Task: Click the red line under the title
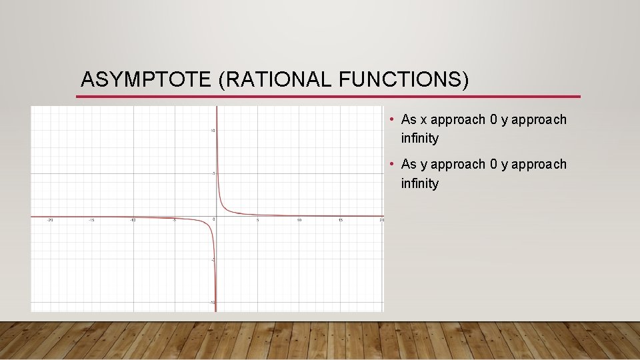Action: pyautogui.click(x=327, y=97)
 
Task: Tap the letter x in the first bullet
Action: pyautogui.click(x=423, y=120)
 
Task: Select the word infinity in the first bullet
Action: pyautogui.click(x=420, y=139)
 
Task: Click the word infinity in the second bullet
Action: pyautogui.click(x=420, y=183)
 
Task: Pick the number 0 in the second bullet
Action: pyautogui.click(x=493, y=164)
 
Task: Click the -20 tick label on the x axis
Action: pyautogui.click(x=51, y=220)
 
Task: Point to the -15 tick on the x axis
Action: pyautogui.click(x=92, y=220)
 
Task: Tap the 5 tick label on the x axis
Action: pyautogui.click(x=258, y=220)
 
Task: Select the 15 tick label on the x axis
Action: pyautogui.click(x=341, y=220)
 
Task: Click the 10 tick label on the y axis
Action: pyautogui.click(x=212, y=131)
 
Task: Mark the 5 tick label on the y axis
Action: pyautogui.click(x=213, y=174)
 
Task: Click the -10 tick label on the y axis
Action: pyautogui.click(x=211, y=303)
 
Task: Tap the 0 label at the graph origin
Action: pyautogui.click(x=213, y=220)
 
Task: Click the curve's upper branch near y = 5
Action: pyautogui.click(x=219, y=174)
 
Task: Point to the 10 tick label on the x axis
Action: pyautogui.click(x=299, y=220)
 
